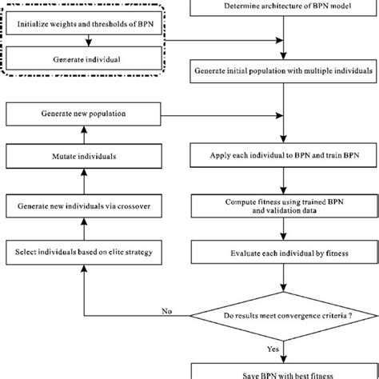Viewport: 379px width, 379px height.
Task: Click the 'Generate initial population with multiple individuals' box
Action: click(284, 70)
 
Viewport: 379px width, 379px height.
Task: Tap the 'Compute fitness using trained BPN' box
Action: click(284, 206)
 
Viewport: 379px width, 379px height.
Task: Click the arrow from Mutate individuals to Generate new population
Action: click(83, 135)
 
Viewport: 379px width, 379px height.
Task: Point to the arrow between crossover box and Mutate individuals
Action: click(83, 182)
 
